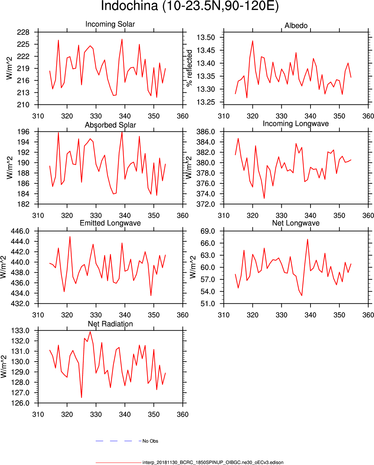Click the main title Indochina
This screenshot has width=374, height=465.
(189, 6)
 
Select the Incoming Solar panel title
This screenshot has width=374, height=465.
(110, 24)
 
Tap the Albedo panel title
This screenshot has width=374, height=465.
(296, 26)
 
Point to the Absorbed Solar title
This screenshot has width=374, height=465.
(110, 125)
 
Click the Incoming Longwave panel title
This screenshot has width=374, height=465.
(296, 124)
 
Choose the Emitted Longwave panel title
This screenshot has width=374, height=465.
(110, 223)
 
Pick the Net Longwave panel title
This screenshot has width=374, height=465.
(296, 223)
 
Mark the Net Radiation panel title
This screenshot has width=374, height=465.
(110, 324)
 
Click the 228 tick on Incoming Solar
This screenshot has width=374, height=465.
(23, 32)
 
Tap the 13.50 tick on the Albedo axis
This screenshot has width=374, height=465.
(206, 37)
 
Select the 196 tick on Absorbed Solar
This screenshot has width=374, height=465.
(23, 132)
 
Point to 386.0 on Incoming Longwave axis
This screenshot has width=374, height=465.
(206, 132)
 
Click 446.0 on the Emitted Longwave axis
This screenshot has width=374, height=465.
(20, 231)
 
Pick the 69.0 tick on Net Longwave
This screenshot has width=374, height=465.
(208, 231)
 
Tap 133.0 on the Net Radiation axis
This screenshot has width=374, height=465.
(20, 331)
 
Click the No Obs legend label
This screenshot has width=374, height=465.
(150, 441)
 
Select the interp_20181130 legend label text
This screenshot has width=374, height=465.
(213, 463)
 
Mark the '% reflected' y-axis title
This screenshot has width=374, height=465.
(189, 68)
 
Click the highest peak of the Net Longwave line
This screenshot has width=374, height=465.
(307, 239)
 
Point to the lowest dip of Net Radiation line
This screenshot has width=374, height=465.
(82, 398)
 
